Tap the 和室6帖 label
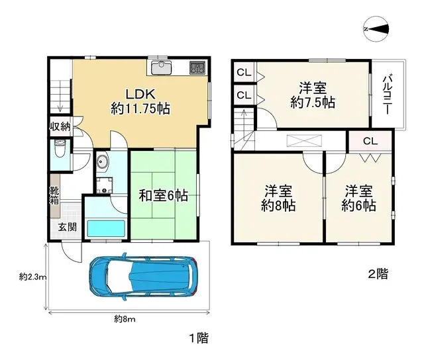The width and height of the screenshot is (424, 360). pos(163,196)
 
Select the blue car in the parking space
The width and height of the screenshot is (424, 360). pos(142,275)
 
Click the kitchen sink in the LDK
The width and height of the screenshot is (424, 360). pos(162,67)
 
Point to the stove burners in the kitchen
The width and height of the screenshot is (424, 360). pos(197,67)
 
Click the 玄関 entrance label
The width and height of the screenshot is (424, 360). pos(67,227)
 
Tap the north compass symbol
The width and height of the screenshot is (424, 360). pos(377,29)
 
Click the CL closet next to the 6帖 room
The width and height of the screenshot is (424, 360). pos(369,140)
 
